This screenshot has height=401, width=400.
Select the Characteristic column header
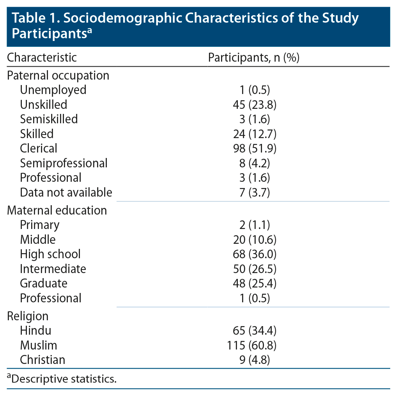(x=42, y=58)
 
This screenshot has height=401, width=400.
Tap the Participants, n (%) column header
(x=253, y=58)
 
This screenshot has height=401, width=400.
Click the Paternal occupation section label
(x=58, y=75)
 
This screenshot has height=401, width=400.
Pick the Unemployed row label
(x=53, y=90)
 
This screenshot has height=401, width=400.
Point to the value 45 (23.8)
(x=254, y=105)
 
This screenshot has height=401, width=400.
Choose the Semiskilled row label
(x=49, y=119)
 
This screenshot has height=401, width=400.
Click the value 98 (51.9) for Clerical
(x=254, y=148)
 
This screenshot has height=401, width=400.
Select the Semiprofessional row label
(x=64, y=163)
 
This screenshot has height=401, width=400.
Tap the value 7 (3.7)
(x=254, y=192)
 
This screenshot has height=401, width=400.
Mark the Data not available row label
(x=66, y=192)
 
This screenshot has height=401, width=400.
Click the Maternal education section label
(x=57, y=210)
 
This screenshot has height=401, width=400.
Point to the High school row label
(x=50, y=254)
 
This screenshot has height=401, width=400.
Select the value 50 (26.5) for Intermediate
(x=254, y=269)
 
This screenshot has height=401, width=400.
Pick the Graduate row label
(x=44, y=283)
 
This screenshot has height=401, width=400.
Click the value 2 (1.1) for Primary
(x=254, y=225)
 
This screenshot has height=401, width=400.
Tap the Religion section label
(x=28, y=316)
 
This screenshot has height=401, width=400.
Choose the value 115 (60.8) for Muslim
(x=251, y=345)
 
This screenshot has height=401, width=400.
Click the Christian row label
(x=42, y=360)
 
